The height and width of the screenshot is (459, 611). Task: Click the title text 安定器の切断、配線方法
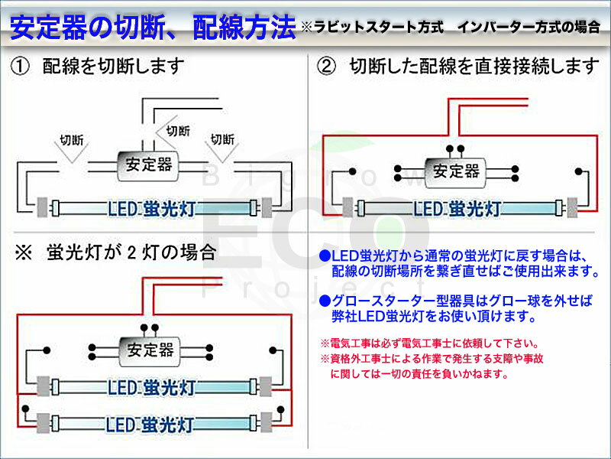[153, 29]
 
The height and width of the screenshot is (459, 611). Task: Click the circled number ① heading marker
[20, 67]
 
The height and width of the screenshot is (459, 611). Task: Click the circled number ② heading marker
[326, 67]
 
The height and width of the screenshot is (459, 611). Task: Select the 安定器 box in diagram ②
[456, 170]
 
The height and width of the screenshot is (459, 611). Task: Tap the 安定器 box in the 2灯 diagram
[150, 351]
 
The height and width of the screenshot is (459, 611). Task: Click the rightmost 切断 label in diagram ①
[222, 139]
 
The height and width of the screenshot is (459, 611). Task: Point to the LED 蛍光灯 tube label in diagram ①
[150, 207]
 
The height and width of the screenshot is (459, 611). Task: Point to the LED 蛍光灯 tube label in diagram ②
[457, 207]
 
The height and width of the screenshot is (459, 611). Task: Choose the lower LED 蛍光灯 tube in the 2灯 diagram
[150, 423]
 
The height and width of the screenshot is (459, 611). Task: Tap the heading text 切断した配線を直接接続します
[474, 67]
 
